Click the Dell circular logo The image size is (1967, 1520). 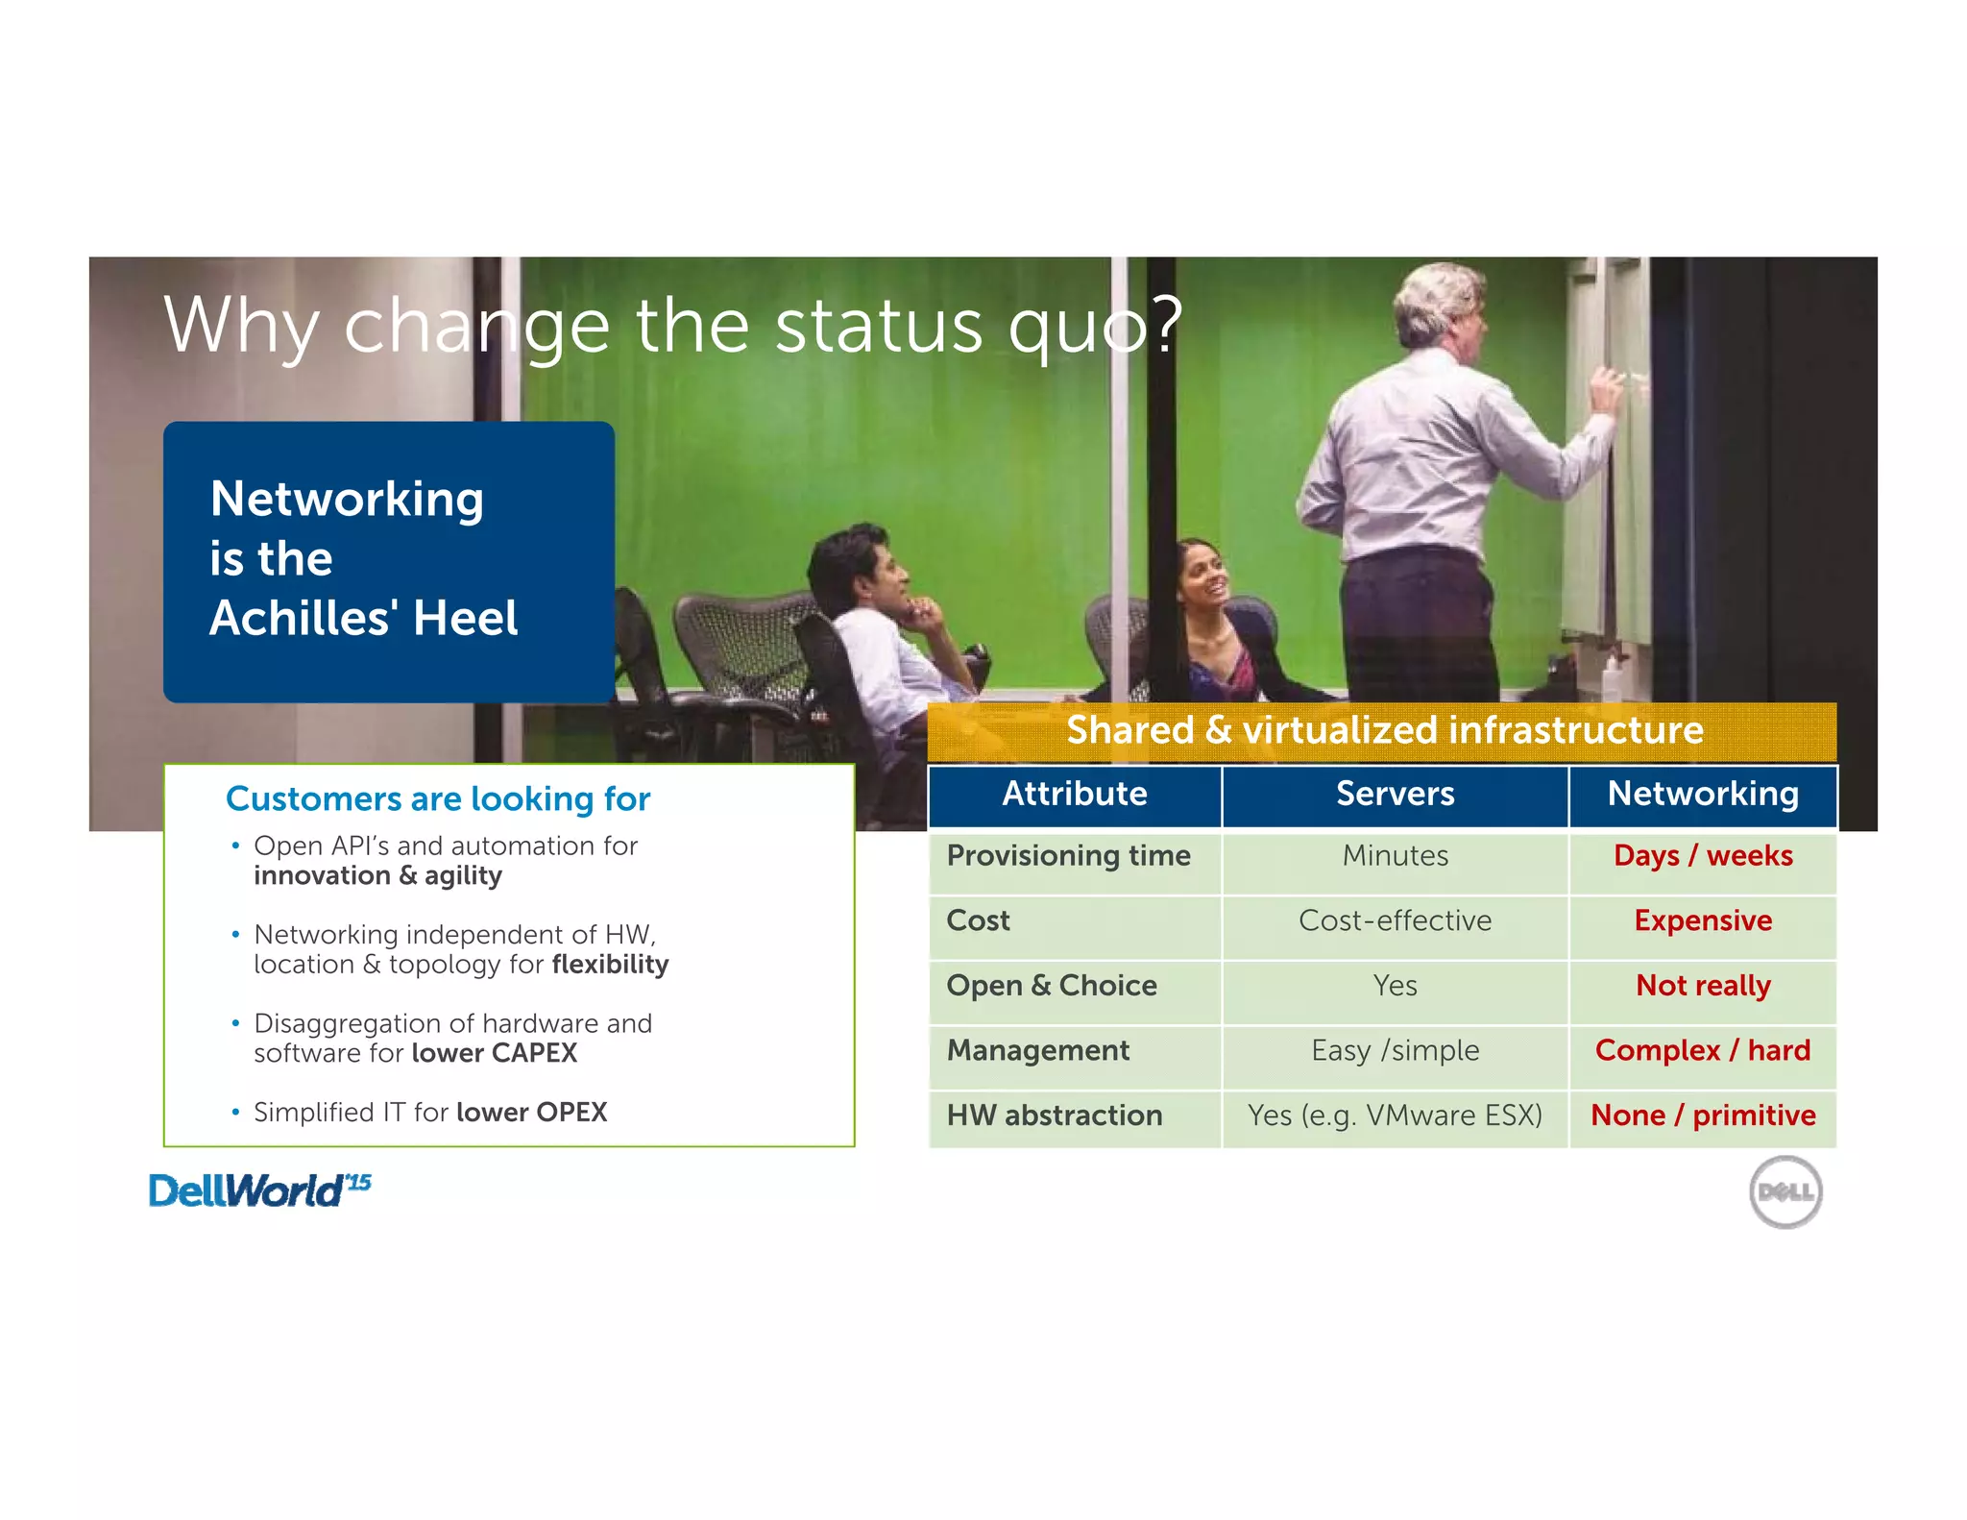(1785, 1191)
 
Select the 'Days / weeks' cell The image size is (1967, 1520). (1702, 855)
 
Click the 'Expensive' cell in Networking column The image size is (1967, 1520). (1702, 920)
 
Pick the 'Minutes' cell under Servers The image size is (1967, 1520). (1395, 855)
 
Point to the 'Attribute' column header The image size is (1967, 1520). (1074, 794)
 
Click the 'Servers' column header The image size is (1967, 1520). (1395, 794)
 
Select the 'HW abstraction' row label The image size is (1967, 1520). (1054, 1115)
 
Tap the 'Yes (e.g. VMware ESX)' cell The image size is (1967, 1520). (1395, 1115)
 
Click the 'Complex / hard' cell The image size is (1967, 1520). (1702, 1050)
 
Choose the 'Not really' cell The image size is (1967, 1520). (1702, 986)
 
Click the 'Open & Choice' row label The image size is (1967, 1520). (1051, 986)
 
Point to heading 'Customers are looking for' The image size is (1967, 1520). (438, 798)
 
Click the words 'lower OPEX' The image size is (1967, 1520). (531, 1113)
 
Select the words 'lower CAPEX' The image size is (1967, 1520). (495, 1053)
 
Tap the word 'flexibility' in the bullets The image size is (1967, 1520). (610, 965)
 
